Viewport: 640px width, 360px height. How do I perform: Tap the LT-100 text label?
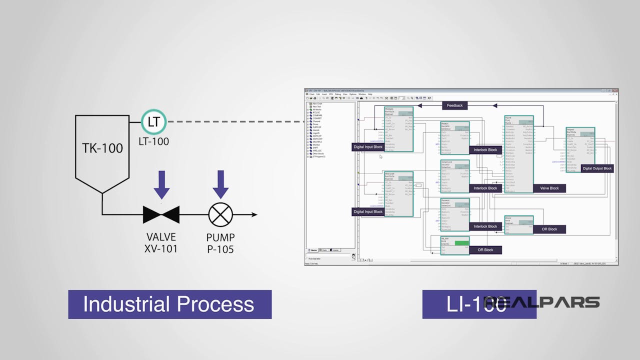[153, 141]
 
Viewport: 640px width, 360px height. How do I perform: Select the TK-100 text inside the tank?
[102, 147]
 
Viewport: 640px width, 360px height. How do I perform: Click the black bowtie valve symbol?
[161, 214]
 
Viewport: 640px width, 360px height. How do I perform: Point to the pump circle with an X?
[220, 214]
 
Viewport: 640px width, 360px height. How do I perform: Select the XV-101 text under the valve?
[161, 248]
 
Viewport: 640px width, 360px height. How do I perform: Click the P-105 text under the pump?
[220, 248]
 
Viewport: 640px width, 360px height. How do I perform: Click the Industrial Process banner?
[169, 304]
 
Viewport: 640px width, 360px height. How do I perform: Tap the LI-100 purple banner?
[478, 304]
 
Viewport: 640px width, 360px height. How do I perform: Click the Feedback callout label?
[454, 105]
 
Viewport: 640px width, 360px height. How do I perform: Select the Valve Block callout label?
[549, 188]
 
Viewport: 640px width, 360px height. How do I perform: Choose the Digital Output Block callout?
[597, 168]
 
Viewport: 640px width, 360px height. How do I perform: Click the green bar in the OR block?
[462, 243]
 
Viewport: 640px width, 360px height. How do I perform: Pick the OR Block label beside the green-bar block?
[485, 250]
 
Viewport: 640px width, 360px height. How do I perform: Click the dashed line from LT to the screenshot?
[235, 121]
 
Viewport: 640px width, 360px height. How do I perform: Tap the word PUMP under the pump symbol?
[220, 237]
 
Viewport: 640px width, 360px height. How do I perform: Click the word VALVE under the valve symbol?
[161, 237]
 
